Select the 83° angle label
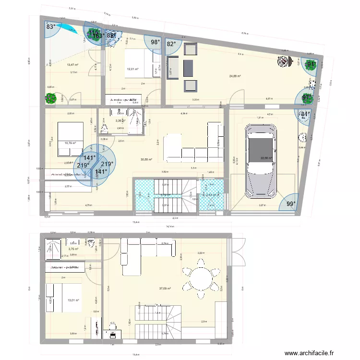[51, 27]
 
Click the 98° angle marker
[156, 42]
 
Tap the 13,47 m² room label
[72, 65]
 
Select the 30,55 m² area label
[146, 160]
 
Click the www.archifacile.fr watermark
[307, 353]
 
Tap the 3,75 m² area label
[73, 249]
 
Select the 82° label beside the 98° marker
[171, 44]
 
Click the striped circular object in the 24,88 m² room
[284, 61]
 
